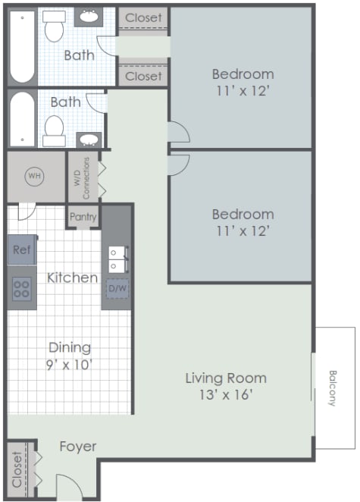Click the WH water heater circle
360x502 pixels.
pos(35,176)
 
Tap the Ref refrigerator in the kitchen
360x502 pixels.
pos(22,249)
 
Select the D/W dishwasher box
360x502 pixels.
pos(117,288)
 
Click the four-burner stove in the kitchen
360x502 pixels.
pos(21,289)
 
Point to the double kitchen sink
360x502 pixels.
pos(117,259)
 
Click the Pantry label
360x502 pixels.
pos(83,217)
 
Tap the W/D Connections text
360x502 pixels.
pos(82,178)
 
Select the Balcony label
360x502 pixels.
pos(333,388)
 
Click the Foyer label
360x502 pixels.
pos(78,447)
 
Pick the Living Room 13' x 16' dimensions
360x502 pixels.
pos(226,394)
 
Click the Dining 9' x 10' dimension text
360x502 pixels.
pos(70,365)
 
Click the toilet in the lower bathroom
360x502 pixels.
pos(54,130)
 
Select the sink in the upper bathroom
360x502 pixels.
pos(89,17)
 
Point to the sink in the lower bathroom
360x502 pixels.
pos(89,140)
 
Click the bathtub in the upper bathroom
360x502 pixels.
pos(22,46)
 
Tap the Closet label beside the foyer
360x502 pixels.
pos(17,469)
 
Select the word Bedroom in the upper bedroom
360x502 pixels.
pos(243,74)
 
